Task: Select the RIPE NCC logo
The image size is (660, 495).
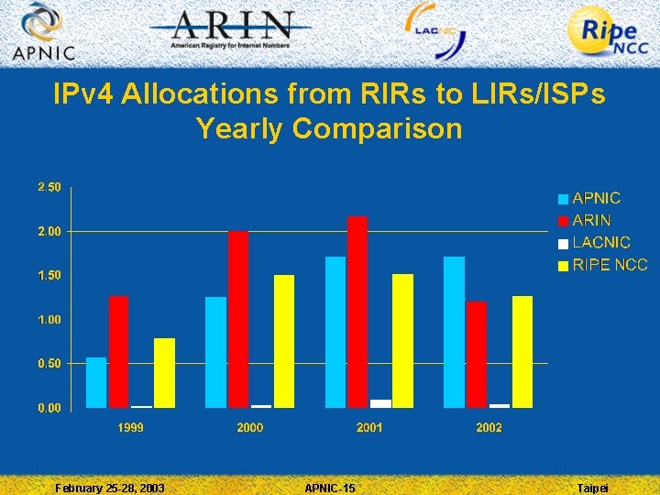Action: (x=609, y=33)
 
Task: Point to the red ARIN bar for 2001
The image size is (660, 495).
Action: (x=357, y=312)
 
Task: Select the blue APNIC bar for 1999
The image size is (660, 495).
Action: (x=96, y=382)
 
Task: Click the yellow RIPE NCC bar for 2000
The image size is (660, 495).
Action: (x=284, y=341)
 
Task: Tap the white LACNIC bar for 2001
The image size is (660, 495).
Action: (x=380, y=403)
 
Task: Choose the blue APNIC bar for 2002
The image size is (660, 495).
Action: (x=454, y=332)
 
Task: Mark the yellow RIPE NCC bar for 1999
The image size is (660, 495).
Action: (x=164, y=372)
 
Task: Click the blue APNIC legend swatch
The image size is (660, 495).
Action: (x=563, y=199)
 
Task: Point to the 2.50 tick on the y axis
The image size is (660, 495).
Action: (x=49, y=187)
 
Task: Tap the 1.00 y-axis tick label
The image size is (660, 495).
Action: (x=49, y=319)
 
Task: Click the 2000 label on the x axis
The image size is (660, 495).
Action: (x=249, y=428)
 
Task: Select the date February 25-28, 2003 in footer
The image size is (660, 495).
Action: (x=110, y=488)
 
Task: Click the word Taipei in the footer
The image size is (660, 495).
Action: (x=592, y=488)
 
